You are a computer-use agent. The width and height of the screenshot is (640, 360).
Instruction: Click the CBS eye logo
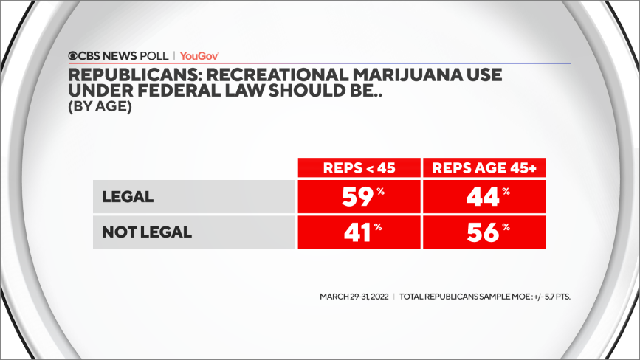74,55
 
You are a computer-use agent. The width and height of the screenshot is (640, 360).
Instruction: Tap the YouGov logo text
199,55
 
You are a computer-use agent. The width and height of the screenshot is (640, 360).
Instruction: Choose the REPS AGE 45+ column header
484,167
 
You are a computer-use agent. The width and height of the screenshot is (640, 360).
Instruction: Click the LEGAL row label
127,197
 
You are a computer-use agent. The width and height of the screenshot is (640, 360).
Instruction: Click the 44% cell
484,197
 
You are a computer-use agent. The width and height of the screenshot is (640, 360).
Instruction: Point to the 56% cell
484,232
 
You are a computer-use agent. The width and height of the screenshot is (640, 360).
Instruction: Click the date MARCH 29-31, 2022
354,297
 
